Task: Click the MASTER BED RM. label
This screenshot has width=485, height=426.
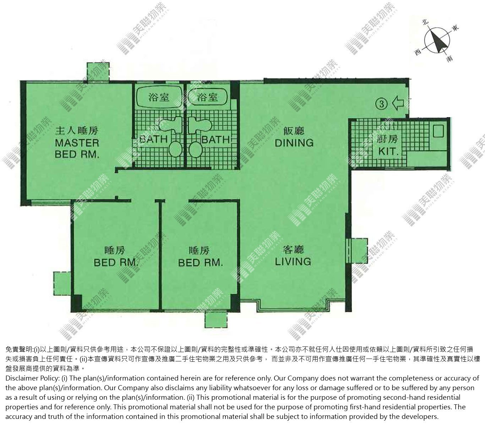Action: click(x=77, y=149)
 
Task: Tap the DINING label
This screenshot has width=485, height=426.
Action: click(x=294, y=143)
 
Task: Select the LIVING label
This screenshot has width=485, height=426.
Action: click(x=293, y=262)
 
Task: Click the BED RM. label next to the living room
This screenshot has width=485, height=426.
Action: click(x=201, y=263)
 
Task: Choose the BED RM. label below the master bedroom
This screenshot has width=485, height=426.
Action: click(x=116, y=263)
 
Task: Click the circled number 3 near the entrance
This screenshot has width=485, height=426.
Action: click(x=382, y=104)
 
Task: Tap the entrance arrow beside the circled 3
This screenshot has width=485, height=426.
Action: click(x=398, y=103)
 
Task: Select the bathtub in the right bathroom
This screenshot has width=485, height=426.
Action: click(x=207, y=97)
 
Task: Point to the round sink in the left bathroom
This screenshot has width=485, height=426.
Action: click(x=175, y=149)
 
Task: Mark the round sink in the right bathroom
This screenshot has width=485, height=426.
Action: click(x=196, y=149)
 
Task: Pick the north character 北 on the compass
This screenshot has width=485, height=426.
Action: click(x=425, y=22)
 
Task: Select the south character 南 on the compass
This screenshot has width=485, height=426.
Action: click(x=449, y=58)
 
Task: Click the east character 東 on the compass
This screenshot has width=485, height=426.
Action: click(x=455, y=28)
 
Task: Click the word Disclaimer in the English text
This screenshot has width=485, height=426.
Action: click(x=21, y=378)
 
